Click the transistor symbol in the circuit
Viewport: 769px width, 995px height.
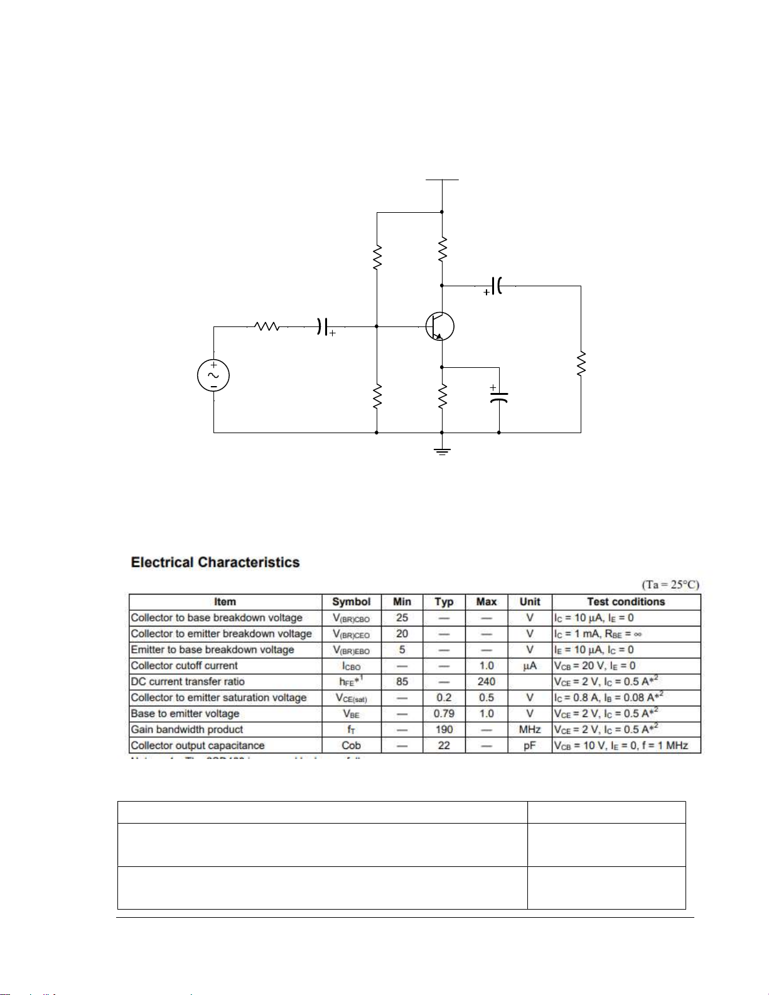(439, 326)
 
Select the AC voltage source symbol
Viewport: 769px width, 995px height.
(213, 375)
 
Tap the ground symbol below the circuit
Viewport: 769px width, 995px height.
(442, 451)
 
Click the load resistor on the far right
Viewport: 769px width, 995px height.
(581, 364)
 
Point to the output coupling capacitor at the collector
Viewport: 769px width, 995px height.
(497, 286)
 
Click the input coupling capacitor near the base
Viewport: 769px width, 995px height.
(323, 326)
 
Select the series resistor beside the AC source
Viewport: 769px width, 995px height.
(266, 326)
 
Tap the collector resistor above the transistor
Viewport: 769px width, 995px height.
(442, 249)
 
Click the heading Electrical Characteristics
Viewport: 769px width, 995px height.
(215, 562)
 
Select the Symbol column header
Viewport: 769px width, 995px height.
(352, 601)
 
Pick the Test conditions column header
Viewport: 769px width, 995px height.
(626, 601)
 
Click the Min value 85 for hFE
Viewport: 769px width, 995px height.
(402, 681)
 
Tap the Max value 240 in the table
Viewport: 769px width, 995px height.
(487, 681)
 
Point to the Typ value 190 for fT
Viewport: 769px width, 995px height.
(444, 729)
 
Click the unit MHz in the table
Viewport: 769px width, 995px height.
(530, 729)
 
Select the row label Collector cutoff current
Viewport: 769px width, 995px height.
(185, 665)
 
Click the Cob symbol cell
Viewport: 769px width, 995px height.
(352, 745)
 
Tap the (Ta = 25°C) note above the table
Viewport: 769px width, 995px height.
(670, 584)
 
